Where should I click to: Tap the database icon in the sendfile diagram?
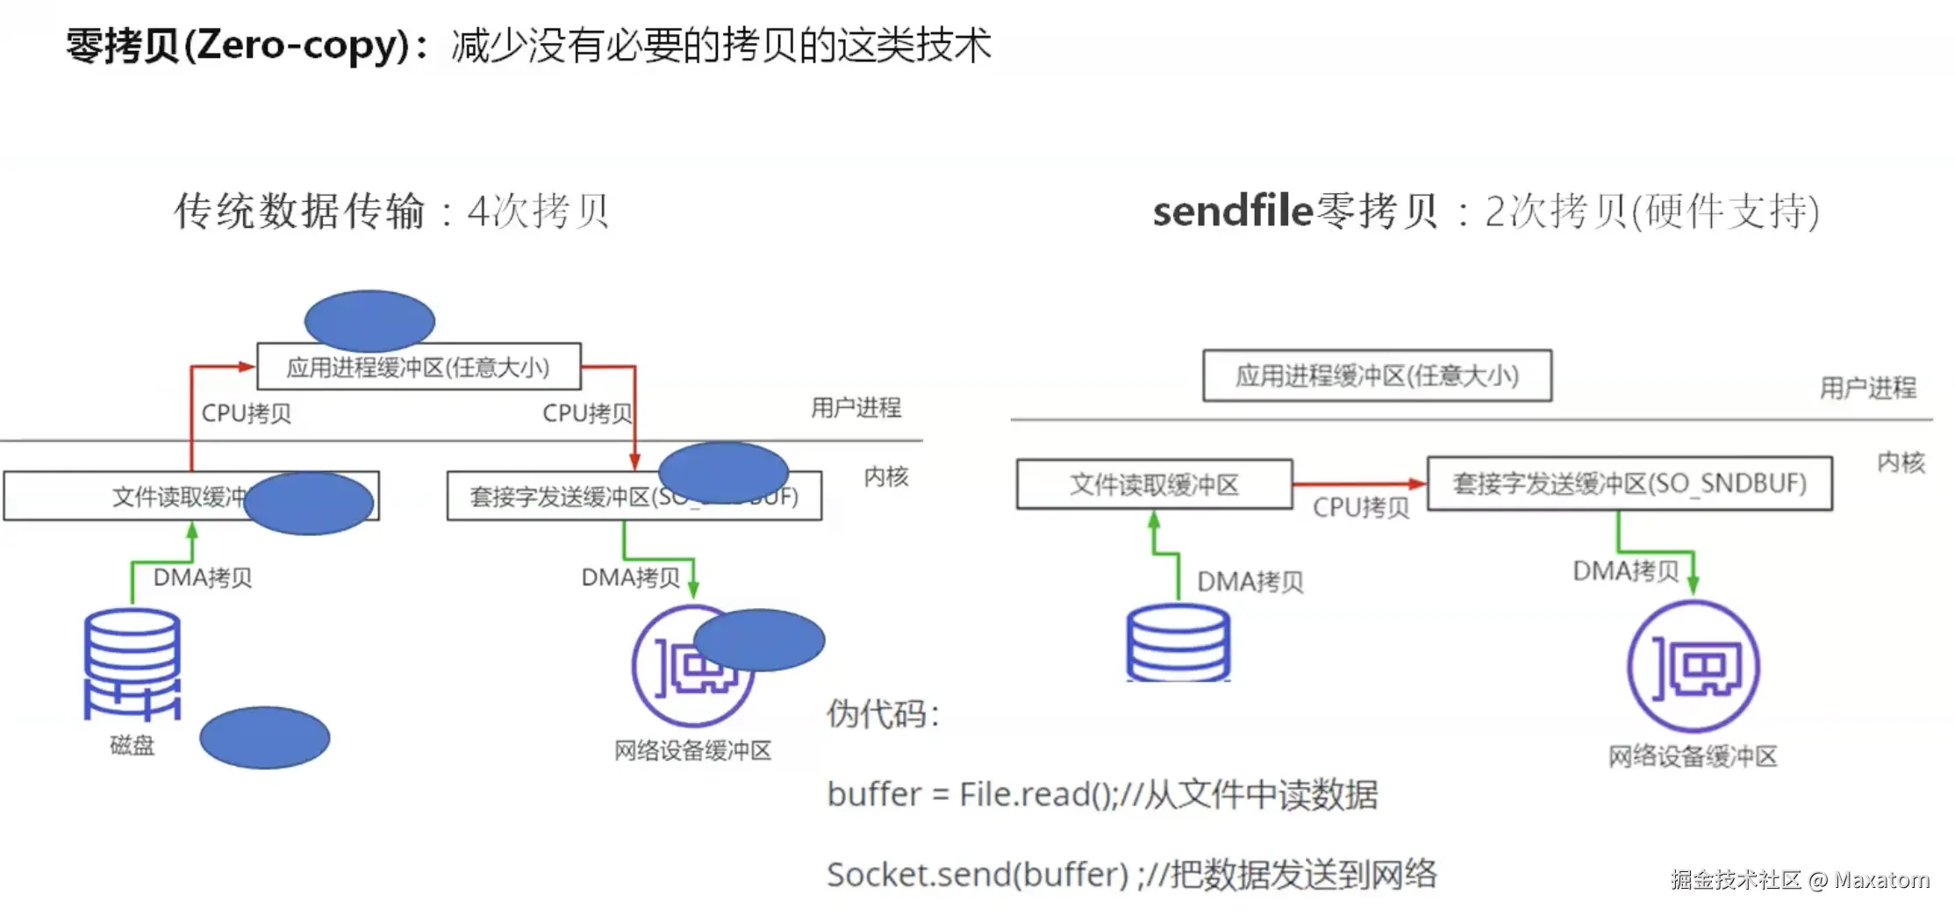(1178, 643)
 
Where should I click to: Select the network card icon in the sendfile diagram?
(1694, 666)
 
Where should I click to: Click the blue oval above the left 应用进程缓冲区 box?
(369, 321)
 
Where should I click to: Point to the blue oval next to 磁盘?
(264, 738)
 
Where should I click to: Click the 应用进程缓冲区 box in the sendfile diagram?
(1377, 376)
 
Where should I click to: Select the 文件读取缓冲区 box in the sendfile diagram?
(1154, 484)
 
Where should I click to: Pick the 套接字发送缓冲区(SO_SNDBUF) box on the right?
(1629, 483)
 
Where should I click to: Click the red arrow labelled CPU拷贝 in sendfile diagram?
(1358, 483)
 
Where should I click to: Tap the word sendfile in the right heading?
(1232, 211)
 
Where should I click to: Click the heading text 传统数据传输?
(299, 211)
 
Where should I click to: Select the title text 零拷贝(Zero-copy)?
(237, 46)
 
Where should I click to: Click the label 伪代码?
(882, 713)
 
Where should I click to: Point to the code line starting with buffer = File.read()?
(1102, 794)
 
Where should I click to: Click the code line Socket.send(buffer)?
(1132, 874)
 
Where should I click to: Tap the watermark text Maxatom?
(1881, 879)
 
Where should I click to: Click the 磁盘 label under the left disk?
(132, 745)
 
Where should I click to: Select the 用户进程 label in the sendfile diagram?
(1867, 388)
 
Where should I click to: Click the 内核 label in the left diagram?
(886, 476)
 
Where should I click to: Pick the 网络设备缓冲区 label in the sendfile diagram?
(1693, 755)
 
